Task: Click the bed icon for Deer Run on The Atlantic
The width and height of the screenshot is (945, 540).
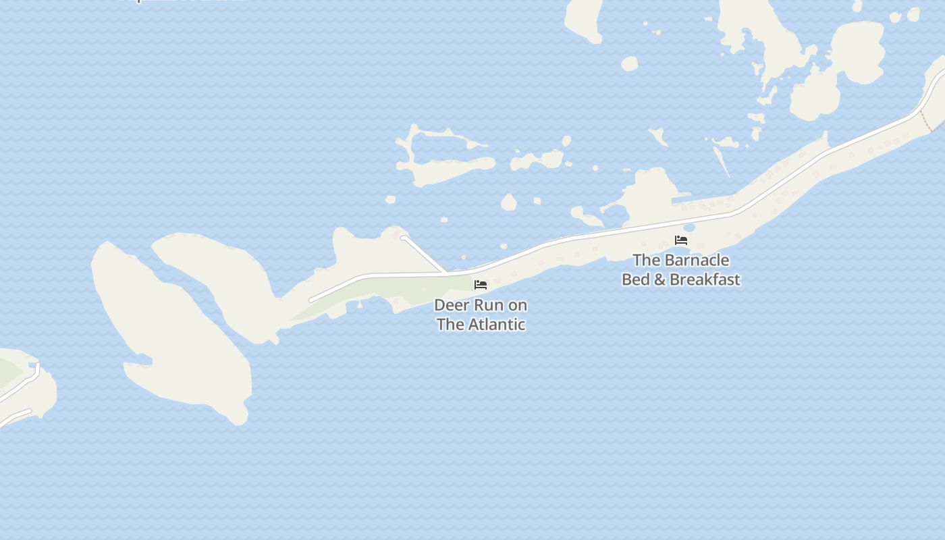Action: [481, 285]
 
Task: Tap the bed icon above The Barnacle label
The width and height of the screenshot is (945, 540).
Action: [681, 240]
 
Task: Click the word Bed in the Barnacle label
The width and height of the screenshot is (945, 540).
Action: [636, 279]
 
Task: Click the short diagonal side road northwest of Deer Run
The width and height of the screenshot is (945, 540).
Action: [424, 254]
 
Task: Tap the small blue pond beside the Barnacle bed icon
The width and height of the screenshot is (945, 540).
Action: [689, 228]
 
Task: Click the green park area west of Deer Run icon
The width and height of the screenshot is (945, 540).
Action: [378, 292]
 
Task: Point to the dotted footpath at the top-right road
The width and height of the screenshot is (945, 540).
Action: [931, 122]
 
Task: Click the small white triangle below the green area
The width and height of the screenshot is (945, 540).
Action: [360, 304]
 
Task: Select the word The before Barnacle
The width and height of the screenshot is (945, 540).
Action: [647, 260]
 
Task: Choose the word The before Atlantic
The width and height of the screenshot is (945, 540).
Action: [450, 324]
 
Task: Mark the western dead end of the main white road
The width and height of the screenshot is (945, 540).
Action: [311, 300]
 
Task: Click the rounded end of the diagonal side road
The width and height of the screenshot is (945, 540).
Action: [404, 238]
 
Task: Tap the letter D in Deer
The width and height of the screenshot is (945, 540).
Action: [439, 305]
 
